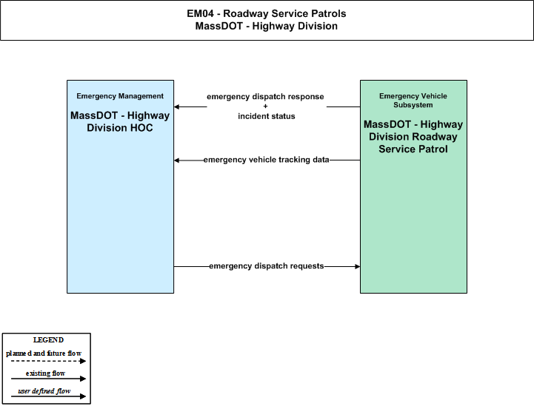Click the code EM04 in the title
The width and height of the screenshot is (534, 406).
tap(200, 13)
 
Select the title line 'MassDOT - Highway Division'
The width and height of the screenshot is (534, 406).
tap(267, 26)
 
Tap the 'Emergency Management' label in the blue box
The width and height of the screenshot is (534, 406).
tap(120, 96)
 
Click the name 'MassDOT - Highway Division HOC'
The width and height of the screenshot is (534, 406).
tap(120, 121)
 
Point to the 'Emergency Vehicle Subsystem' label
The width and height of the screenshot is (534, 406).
tap(413, 101)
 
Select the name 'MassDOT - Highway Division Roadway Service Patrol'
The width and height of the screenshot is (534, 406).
tap(413, 137)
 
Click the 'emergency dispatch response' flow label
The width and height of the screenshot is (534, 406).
tap(265, 97)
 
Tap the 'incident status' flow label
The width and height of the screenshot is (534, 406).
tap(267, 116)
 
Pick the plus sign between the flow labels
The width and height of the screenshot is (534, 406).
tap(265, 106)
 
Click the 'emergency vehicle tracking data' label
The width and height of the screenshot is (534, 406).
tap(267, 160)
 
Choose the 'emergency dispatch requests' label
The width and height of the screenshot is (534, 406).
tap(267, 266)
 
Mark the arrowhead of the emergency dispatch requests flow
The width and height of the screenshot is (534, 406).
tap(358, 266)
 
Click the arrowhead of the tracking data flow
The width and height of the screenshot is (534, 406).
tap(176, 160)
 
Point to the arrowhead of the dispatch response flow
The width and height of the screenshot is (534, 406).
tap(176, 106)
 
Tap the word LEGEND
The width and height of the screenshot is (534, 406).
tap(48, 340)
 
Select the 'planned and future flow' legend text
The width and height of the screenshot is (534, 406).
tap(44, 353)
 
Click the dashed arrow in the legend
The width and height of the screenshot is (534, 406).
tap(48, 361)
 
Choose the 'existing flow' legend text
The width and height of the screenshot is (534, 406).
tap(45, 373)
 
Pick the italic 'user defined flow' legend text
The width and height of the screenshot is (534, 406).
tap(44, 391)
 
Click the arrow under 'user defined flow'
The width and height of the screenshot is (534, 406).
tap(48, 396)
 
